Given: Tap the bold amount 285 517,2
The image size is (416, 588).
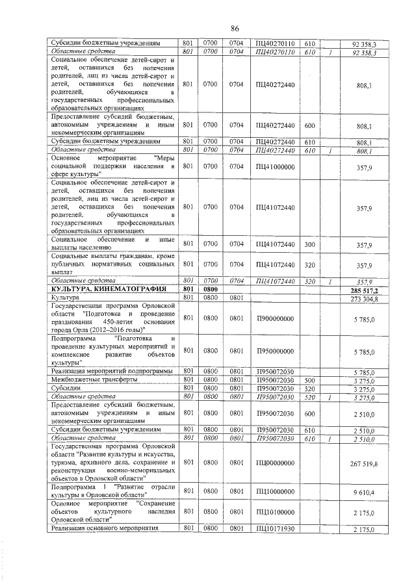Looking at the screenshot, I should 364,290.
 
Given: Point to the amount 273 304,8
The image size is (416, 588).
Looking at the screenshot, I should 364,298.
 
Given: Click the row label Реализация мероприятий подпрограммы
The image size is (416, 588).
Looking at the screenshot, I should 107,371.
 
